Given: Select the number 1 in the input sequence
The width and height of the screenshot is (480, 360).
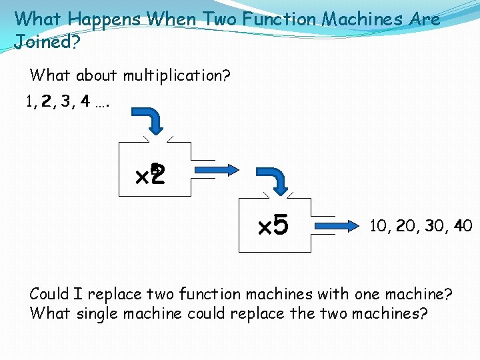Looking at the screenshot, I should [x=28, y=102].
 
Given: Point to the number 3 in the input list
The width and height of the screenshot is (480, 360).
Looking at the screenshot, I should [x=65, y=102].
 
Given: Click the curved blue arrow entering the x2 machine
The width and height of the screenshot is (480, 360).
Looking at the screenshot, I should [x=151, y=121].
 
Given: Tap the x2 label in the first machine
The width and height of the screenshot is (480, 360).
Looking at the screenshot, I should [x=150, y=176].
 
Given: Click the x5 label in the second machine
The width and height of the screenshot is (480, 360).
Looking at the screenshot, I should [x=273, y=226].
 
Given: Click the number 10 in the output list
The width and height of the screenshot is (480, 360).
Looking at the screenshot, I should [x=378, y=226].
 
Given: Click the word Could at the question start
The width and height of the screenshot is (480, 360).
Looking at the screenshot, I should [x=49, y=294].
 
